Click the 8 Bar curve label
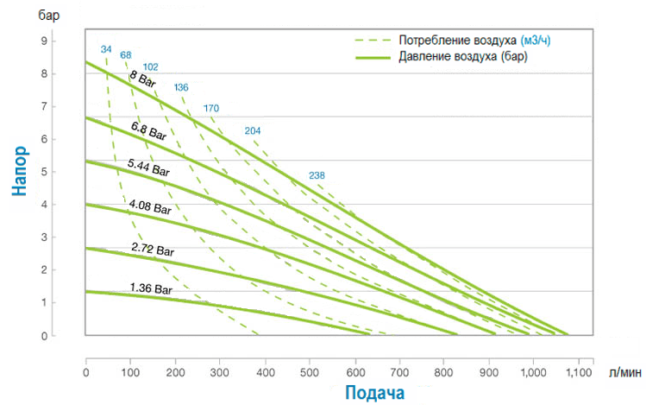142,79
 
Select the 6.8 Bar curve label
148,131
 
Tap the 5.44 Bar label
148,167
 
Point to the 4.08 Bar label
151,206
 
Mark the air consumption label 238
317,176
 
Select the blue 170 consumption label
211,108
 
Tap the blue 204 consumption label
253,130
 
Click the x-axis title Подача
375,393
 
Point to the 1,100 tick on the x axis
578,372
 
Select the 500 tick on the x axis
310,372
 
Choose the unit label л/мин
624,372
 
